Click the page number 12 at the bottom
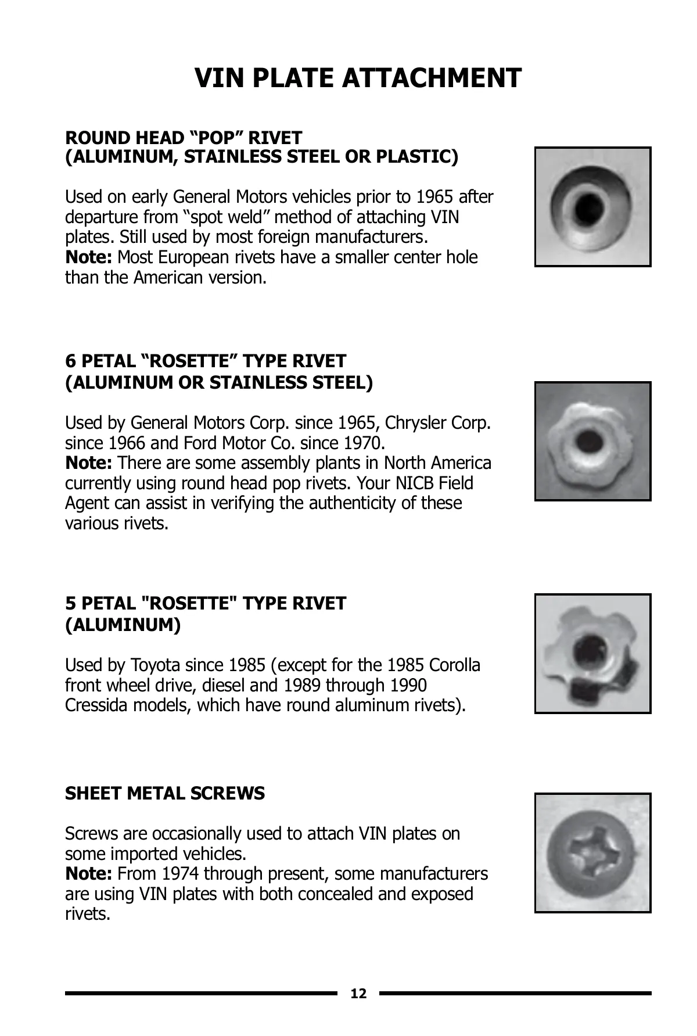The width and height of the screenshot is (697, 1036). pyautogui.click(x=359, y=994)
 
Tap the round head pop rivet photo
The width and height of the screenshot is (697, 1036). pyautogui.click(x=592, y=207)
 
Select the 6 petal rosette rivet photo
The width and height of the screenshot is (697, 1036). pyautogui.click(x=592, y=442)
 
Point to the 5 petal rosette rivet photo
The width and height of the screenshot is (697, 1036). pyautogui.click(x=592, y=654)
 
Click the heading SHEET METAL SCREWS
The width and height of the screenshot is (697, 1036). pyautogui.click(x=165, y=794)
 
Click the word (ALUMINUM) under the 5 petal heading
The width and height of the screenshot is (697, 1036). pyautogui.click(x=123, y=625)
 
